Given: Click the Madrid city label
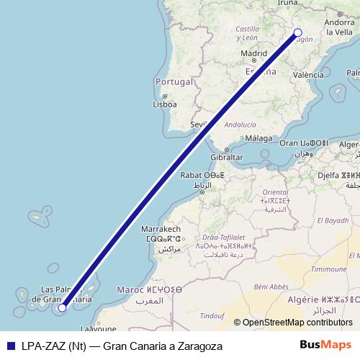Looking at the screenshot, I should pos(254,53).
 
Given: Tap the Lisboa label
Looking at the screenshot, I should pos(165,104).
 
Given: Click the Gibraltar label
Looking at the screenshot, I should pos(226,157).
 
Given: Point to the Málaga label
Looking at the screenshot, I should pos(258,138).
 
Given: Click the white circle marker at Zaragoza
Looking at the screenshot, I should pos(298,32).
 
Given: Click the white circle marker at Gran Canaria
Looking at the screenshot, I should pos(63,307).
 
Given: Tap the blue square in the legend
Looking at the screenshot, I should pos(9,346).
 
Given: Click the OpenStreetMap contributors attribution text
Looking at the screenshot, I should pos(298,323).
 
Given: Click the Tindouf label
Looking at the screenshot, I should pos(212,315).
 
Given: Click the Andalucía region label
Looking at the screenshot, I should pos(240,125).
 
